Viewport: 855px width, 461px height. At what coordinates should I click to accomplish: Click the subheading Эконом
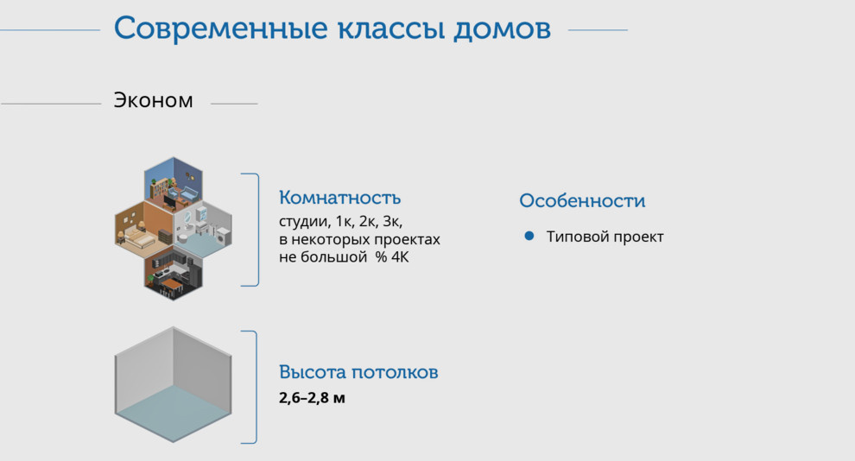[154, 101]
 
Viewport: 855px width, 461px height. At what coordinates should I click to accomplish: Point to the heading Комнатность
[339, 198]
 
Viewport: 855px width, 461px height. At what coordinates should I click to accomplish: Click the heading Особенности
[582, 201]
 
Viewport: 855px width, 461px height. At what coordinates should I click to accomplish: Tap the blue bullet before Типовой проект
[529, 236]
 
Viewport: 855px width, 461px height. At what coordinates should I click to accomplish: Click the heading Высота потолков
[358, 373]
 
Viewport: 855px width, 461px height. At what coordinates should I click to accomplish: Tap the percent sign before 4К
[379, 257]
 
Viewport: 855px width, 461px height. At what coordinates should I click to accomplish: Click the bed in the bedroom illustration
[136, 234]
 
